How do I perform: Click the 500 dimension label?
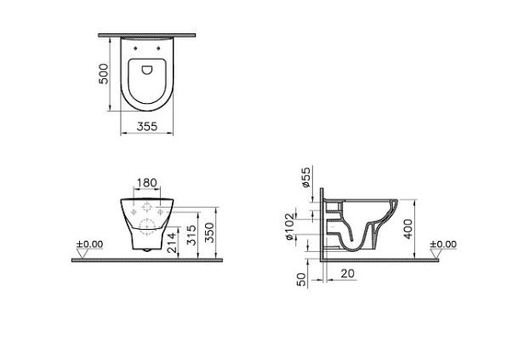click(x=103, y=74)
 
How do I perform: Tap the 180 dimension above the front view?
click(x=147, y=183)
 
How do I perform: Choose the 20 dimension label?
click(x=349, y=272)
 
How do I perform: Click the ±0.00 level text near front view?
click(x=89, y=244)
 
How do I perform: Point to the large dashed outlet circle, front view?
click(x=146, y=226)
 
